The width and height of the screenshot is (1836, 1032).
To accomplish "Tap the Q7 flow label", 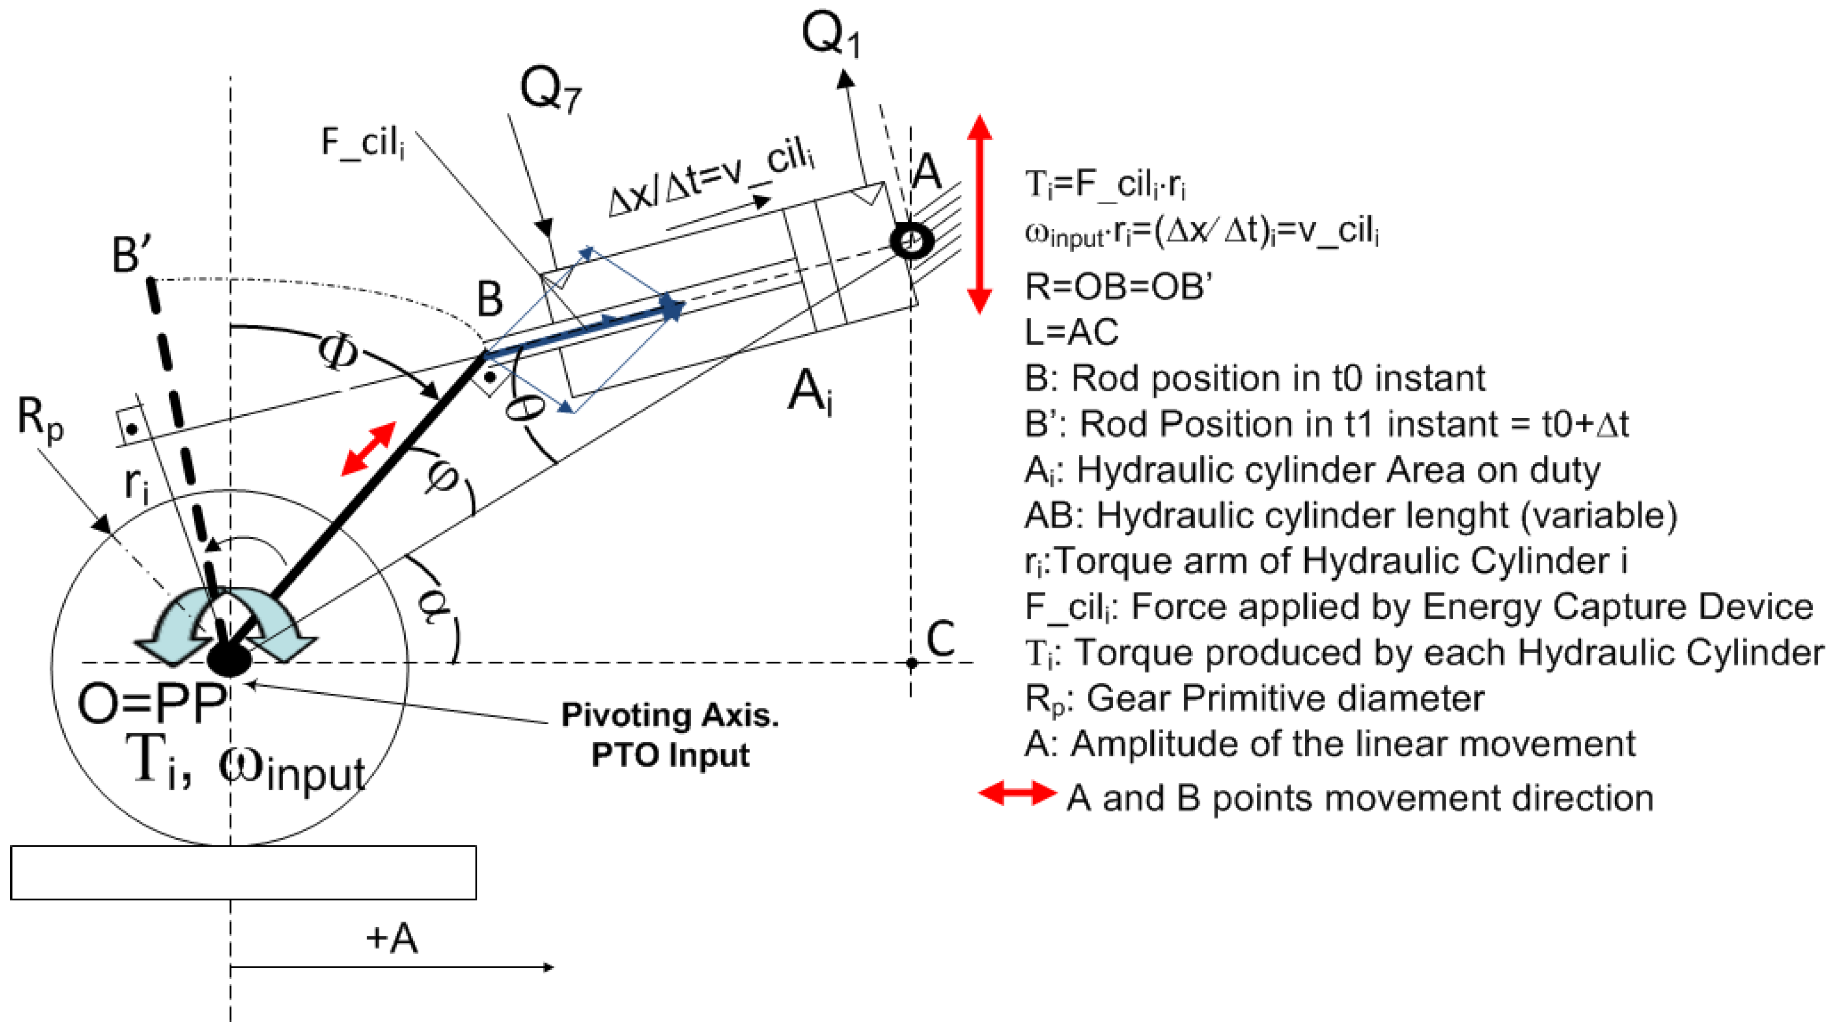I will pos(550,91).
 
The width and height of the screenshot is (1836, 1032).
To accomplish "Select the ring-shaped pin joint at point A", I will pos(911,241).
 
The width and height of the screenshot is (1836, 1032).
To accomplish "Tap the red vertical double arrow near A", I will pos(980,214).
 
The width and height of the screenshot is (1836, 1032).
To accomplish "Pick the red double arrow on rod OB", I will pos(369,448).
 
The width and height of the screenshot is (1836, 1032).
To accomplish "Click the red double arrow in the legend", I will pos(1017,793).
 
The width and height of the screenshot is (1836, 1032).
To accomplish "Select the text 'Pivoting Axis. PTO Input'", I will pos(670,735).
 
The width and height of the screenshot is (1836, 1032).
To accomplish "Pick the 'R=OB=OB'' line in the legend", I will pos(1118,287).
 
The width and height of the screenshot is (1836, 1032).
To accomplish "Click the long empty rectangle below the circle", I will pos(243,872).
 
